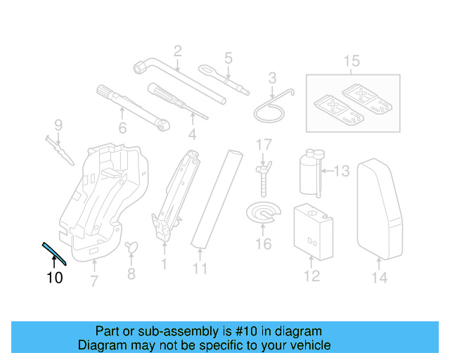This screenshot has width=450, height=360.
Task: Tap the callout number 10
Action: click(x=54, y=278)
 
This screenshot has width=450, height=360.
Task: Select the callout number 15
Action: click(x=351, y=61)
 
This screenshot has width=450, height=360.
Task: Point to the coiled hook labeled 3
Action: click(x=271, y=105)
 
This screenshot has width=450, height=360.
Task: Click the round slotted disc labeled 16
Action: click(x=262, y=214)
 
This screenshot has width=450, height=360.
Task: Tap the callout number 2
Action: click(x=177, y=51)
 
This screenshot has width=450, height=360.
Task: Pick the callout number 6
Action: click(x=122, y=128)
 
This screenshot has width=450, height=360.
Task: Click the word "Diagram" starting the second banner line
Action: click(x=99, y=345)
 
